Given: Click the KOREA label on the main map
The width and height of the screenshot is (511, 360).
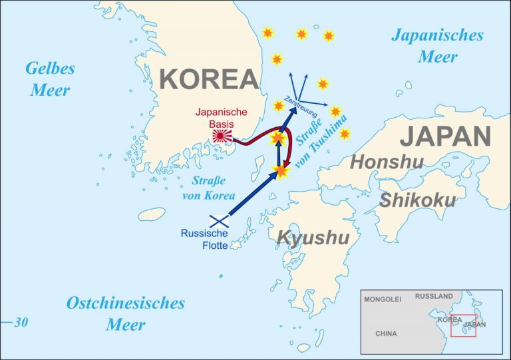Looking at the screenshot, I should coord(209,80).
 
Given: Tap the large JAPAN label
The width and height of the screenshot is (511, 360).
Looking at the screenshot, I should coord(445,136).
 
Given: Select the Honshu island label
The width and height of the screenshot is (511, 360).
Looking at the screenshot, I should coord(386,162).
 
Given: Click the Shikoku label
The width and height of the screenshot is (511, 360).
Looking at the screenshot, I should coord(417,200).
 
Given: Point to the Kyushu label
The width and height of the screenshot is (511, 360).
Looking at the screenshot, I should coord(313,238).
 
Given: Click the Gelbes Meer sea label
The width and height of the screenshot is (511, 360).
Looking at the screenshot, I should coord(50,79).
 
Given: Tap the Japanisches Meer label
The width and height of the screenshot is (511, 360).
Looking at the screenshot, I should coord(436,45).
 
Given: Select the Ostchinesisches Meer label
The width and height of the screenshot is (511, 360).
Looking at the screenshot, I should coord(125,313).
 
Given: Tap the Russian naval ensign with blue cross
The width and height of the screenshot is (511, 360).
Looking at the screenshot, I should coord(220,221).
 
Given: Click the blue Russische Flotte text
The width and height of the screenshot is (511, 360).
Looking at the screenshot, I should coord(204,240).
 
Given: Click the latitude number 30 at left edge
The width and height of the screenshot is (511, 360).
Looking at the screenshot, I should coord(21,323).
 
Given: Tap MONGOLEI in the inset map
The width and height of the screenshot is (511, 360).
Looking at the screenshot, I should coord(383,300).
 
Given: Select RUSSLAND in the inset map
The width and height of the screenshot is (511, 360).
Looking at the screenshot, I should coord(434,296).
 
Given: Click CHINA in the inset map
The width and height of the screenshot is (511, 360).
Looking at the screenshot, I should coord(386,333).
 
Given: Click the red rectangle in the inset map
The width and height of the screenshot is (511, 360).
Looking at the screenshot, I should coord(463,325).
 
